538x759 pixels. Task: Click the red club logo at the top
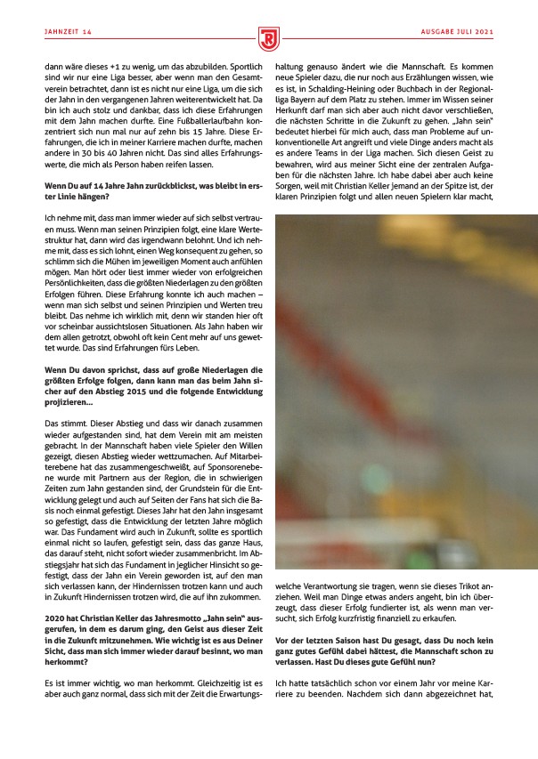pyautogui.click(x=269, y=38)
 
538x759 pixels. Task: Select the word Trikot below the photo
pyautogui.click(x=467, y=587)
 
